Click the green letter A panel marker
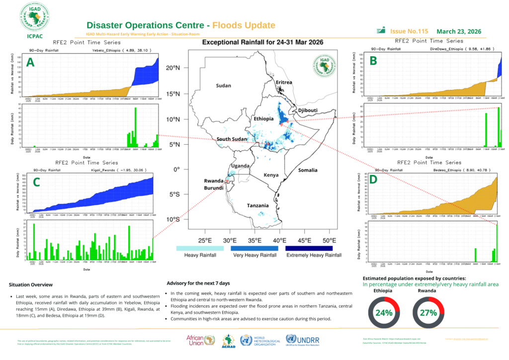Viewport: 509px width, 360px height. coord(30,63)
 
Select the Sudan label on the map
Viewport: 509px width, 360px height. coord(223,86)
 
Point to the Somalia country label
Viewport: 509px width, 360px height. coord(307,170)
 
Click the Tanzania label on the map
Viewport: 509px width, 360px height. coord(257,205)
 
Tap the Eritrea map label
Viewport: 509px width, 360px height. coord(283,82)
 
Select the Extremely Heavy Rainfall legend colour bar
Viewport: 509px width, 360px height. coord(308,248)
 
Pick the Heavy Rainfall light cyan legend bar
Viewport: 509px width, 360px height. coord(200,248)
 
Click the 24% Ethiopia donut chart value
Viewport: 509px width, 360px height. coord(384,313)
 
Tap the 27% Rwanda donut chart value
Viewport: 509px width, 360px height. coord(428,313)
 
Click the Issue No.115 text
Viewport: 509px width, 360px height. coord(409,31)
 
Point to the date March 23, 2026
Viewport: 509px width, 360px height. coord(459,31)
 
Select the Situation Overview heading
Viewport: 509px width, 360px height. coord(31,284)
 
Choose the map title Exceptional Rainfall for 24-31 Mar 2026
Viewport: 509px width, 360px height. coord(262,43)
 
